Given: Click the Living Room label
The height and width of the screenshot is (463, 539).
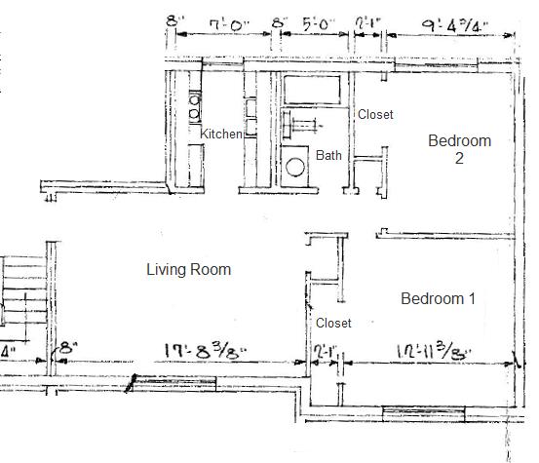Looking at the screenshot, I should coord(188,269).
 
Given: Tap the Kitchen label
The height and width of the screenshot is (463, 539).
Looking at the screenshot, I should coord(221,134).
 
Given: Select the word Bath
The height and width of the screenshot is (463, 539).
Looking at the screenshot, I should coord(328,155).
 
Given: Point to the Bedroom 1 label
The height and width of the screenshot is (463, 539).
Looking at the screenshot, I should coord(438,298).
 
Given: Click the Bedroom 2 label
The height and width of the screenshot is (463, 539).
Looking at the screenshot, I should coord(459,149).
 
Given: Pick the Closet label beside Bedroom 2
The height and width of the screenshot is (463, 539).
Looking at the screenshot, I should coord(375,115).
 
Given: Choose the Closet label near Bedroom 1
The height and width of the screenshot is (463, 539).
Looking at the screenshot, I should coord(333,323).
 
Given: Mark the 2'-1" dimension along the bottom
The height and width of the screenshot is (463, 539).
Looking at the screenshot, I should coord(325,349).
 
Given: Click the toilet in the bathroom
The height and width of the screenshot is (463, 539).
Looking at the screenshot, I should coord(296,166).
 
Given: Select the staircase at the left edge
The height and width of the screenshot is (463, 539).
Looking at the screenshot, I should coord(21,292).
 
